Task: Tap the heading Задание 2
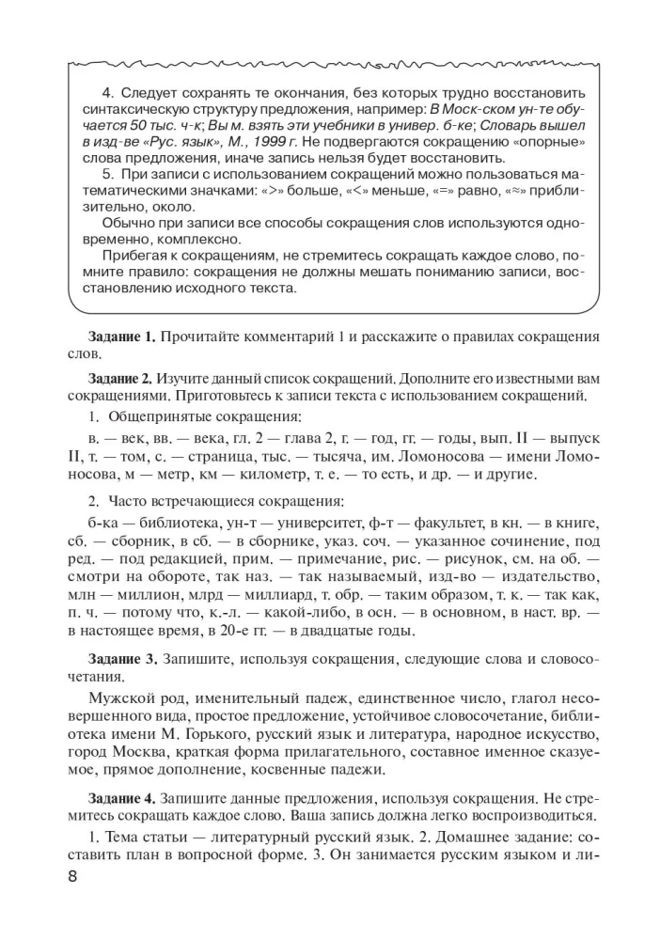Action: click(118, 379)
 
